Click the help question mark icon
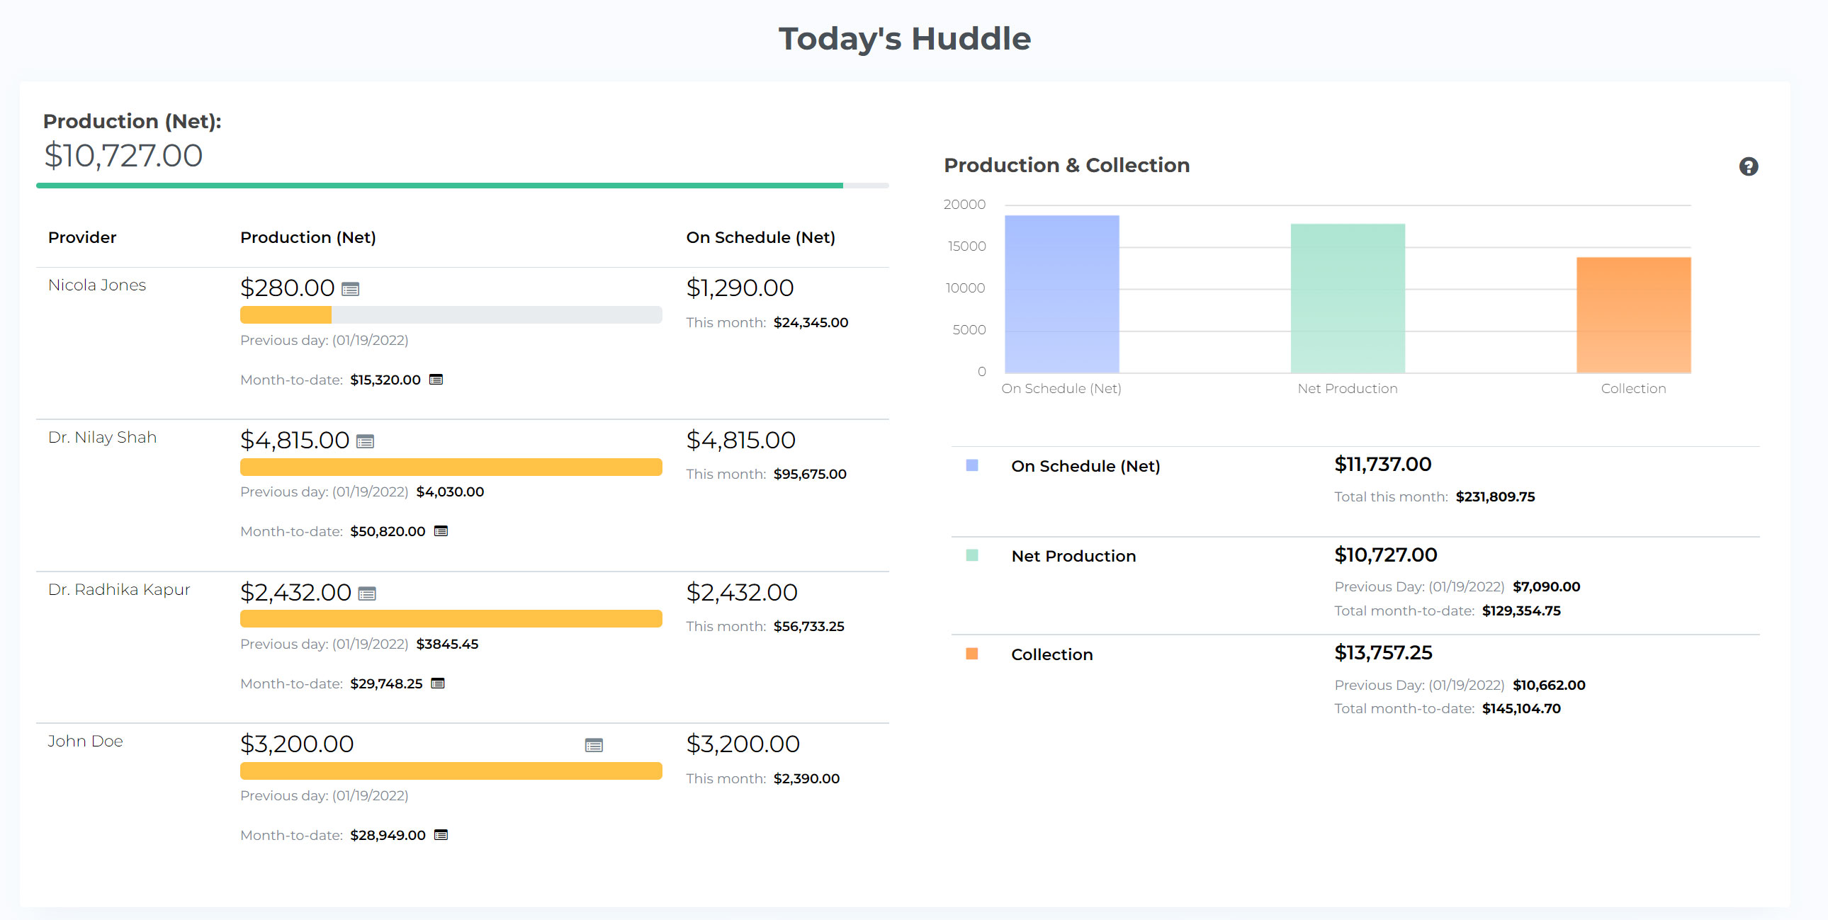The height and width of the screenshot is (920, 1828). tap(1748, 166)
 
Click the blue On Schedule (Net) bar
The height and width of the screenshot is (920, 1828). tap(1061, 294)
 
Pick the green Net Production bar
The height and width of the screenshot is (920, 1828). tap(1347, 298)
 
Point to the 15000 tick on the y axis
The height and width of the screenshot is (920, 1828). tap(966, 246)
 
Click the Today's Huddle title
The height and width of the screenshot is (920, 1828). tap(904, 38)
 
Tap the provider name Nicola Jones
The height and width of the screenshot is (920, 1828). tap(97, 285)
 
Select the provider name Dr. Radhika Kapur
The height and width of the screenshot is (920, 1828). tap(119, 589)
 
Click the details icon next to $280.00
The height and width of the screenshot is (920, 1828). tap(351, 290)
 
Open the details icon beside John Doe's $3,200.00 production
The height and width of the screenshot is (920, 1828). tap(594, 745)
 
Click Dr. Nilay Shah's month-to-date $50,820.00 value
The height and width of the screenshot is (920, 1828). tap(388, 531)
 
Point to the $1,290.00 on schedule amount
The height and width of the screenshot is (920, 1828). tap(740, 288)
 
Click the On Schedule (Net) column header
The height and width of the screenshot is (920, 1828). tap(760, 238)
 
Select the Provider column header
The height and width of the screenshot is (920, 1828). tap(82, 238)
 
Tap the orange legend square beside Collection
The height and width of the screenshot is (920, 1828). tap(971, 653)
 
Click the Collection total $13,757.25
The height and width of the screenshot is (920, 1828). tap(1383, 652)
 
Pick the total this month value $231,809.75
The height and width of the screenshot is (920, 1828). tap(1495, 496)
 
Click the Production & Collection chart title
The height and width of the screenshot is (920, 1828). tap(1066, 165)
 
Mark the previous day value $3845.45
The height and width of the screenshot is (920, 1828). tap(447, 644)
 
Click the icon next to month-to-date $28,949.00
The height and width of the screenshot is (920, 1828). tap(441, 835)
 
